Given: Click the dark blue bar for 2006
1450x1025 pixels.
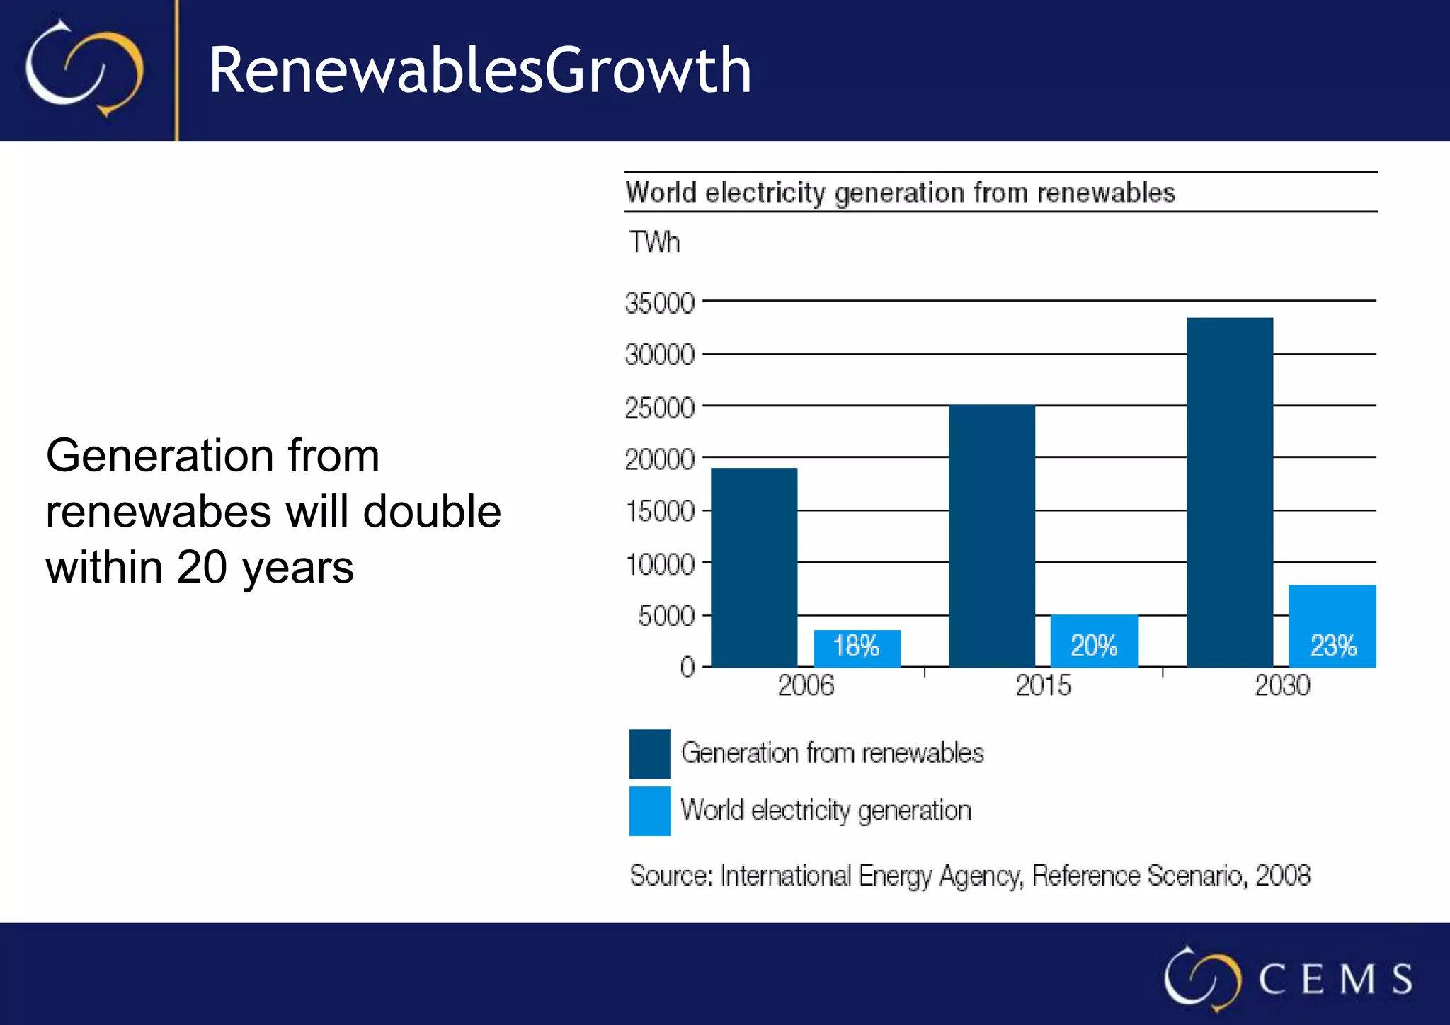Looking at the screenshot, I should click(754, 567).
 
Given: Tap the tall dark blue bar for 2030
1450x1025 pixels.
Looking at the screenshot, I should click(1230, 492).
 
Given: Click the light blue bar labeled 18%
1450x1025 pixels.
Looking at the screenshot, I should click(857, 648).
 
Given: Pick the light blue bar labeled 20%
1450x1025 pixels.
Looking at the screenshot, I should click(1094, 641).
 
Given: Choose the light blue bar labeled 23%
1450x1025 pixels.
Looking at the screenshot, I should click(1332, 626).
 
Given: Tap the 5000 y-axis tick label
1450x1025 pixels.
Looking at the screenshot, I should click(666, 617).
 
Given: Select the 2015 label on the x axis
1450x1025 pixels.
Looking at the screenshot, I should click(1043, 685).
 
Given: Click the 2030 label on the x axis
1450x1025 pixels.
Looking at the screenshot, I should click(1282, 685).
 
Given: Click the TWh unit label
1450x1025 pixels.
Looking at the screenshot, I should click(654, 243).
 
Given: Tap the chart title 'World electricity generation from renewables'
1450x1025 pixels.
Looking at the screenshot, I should click(900, 193).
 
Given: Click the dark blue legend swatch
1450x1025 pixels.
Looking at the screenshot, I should click(650, 753).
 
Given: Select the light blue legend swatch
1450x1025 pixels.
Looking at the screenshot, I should click(650, 811).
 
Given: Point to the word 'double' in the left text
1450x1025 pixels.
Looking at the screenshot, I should click(431, 511).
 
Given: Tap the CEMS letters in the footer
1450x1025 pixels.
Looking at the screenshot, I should click(1335, 979).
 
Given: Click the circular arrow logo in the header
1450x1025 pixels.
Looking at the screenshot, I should click(84, 69).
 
